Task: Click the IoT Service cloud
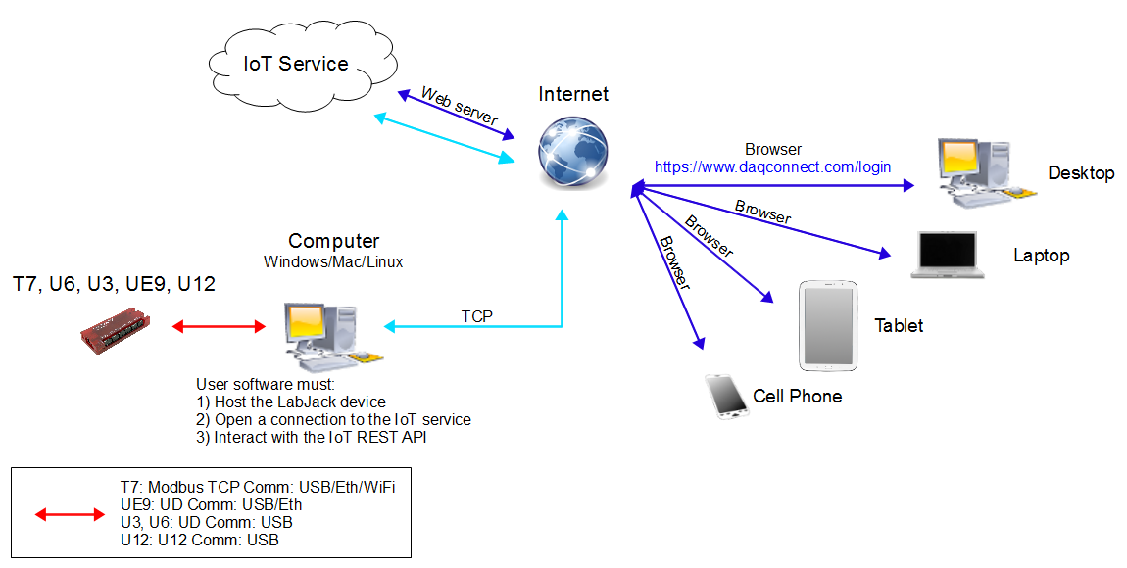click(295, 65)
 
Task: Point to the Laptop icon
click(947, 256)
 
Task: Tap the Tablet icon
click(828, 326)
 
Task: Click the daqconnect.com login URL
click(772, 167)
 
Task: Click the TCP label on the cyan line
click(476, 316)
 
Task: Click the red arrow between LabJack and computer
click(220, 326)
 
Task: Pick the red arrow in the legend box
click(70, 514)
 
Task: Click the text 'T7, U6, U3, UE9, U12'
click(114, 285)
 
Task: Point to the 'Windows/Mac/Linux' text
click(333, 262)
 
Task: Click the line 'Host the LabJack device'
click(291, 402)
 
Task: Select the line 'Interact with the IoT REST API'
click(312, 437)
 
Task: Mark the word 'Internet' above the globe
click(573, 95)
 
